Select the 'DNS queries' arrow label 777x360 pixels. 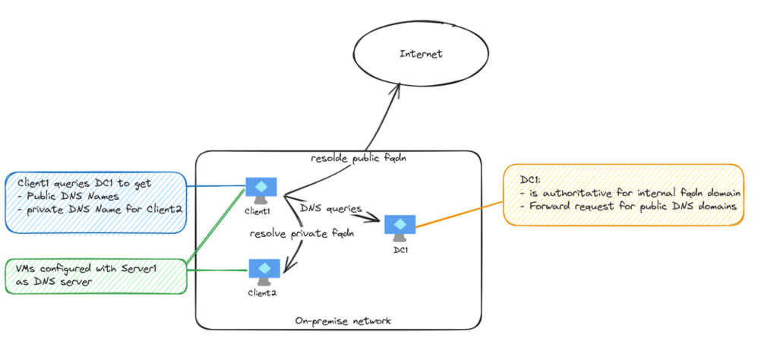click(331, 207)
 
